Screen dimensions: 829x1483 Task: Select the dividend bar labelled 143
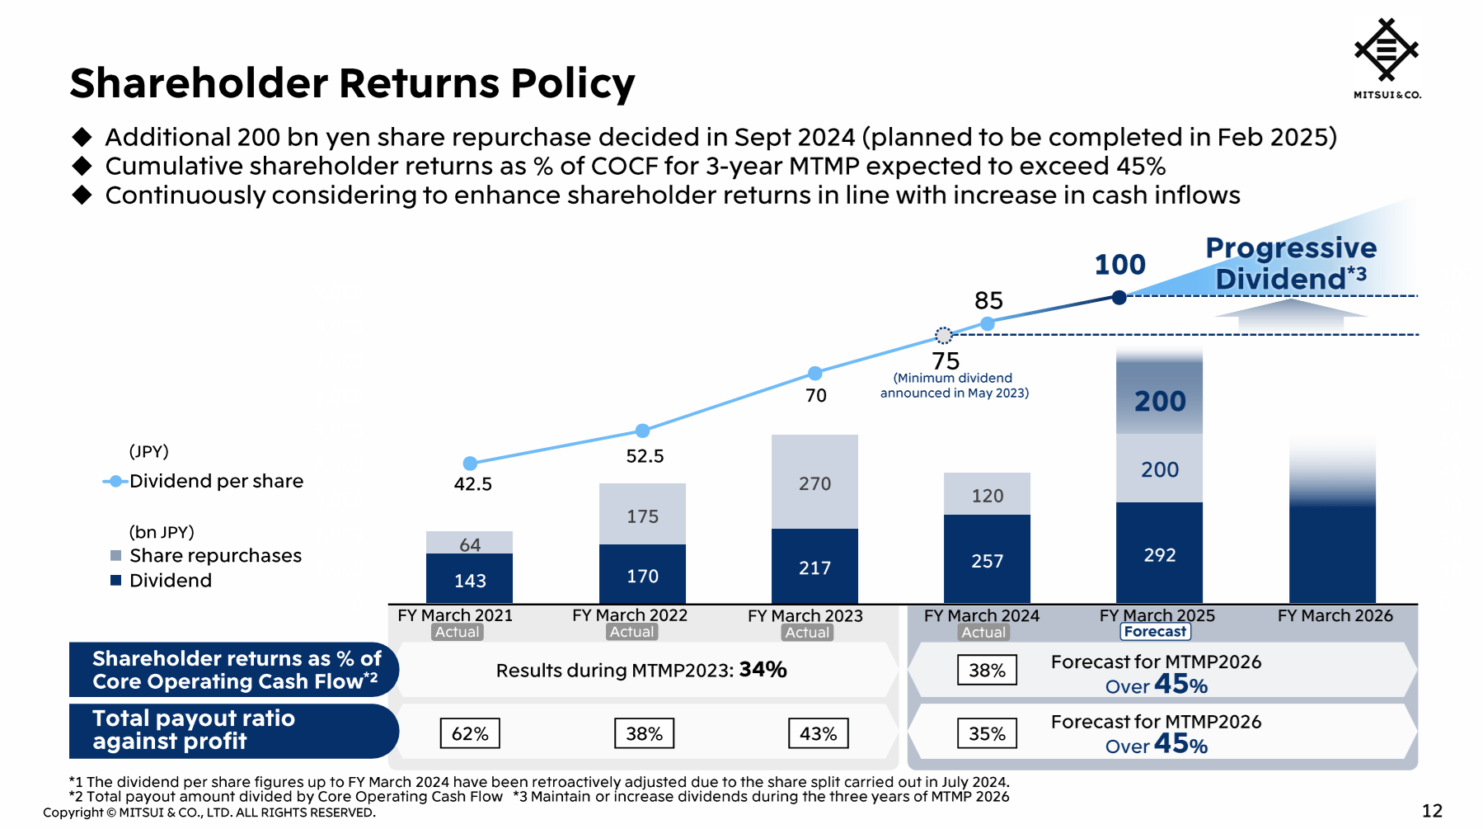click(469, 579)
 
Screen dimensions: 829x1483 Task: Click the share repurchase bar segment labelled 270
click(814, 482)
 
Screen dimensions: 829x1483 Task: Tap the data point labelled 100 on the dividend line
click(1119, 298)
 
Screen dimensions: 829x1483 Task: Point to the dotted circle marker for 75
click(944, 335)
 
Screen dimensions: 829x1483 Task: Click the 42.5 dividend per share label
click(472, 484)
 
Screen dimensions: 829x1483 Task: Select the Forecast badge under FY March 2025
click(1155, 632)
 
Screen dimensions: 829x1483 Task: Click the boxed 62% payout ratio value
click(470, 733)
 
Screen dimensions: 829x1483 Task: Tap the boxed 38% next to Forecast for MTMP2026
click(987, 670)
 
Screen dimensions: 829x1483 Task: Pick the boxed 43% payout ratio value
click(818, 733)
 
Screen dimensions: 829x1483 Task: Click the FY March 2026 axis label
click(1335, 615)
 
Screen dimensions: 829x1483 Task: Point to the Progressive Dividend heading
click(1290, 263)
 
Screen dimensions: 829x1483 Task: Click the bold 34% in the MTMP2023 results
click(763, 669)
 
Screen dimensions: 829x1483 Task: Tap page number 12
click(1432, 811)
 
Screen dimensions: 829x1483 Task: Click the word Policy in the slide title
click(572, 83)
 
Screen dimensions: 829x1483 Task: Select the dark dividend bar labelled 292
click(1159, 554)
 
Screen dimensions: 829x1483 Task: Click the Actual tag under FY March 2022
click(631, 632)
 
